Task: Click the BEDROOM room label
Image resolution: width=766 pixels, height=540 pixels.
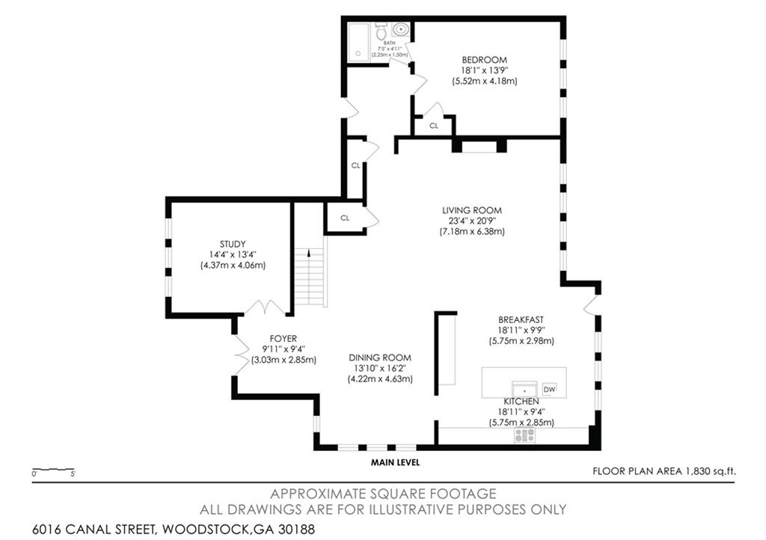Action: (484, 60)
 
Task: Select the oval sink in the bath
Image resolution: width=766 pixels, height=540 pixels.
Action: (401, 29)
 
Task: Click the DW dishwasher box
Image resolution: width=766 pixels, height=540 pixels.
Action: (550, 389)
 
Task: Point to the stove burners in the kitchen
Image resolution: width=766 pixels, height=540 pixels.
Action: (524, 435)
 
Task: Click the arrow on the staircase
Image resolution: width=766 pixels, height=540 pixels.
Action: (309, 253)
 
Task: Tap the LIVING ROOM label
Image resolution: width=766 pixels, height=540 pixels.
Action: (472, 210)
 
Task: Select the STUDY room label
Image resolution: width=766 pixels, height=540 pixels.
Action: (233, 244)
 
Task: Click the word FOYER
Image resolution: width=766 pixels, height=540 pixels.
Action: (284, 338)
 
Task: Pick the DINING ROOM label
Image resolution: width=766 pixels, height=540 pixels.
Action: (380, 358)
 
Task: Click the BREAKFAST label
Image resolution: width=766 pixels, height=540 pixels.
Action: (521, 320)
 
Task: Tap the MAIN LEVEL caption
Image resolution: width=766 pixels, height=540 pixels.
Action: (395, 462)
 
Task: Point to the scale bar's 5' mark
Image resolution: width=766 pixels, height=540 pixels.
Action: (73, 473)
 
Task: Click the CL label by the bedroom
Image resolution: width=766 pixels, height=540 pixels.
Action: (434, 126)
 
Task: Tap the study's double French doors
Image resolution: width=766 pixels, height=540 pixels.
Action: (264, 307)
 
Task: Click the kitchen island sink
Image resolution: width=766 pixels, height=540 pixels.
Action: (524, 390)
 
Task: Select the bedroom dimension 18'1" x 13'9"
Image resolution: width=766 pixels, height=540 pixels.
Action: (484, 71)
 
